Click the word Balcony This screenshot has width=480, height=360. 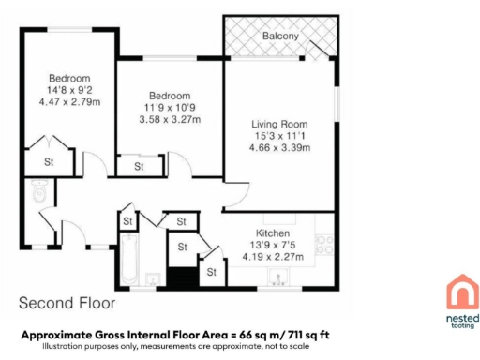point(280,37)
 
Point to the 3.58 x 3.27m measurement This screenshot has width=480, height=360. point(170,120)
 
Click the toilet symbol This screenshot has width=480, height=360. point(38,192)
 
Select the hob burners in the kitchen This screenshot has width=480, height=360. point(325,245)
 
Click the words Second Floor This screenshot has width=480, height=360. point(67,304)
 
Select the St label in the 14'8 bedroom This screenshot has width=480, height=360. point(48,160)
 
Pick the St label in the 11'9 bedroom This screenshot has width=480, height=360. point(137,167)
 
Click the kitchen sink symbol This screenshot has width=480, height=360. point(277,277)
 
